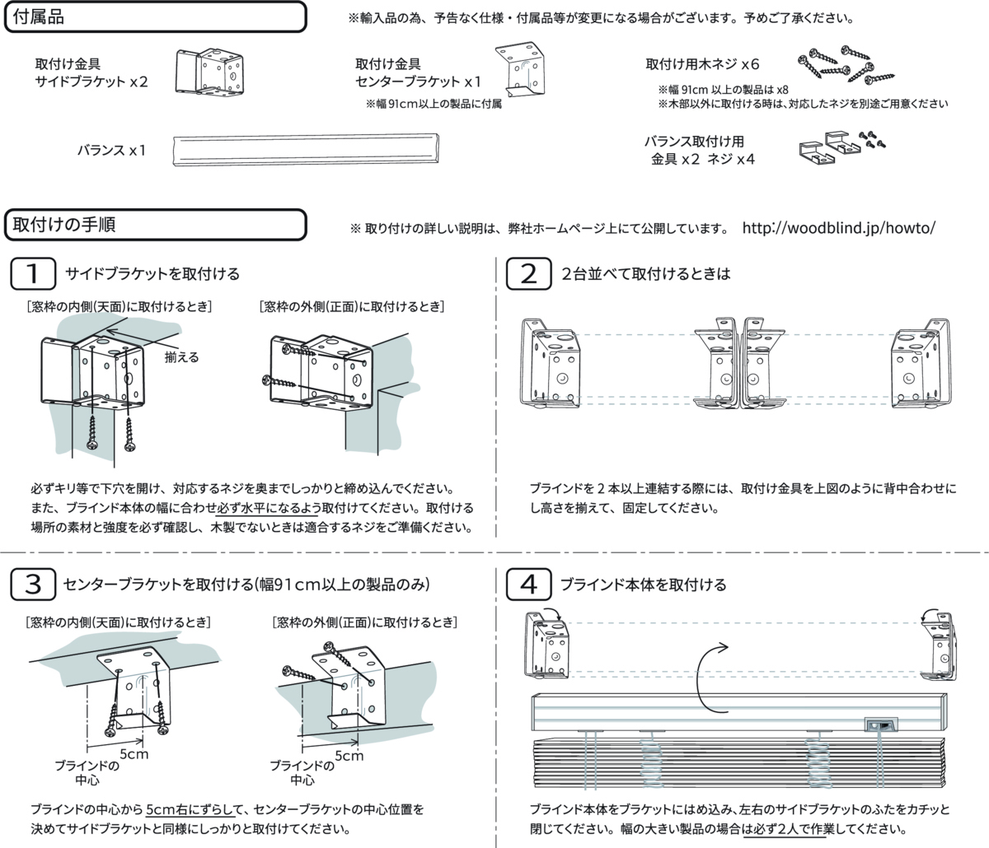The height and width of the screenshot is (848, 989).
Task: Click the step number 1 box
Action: click(33, 274)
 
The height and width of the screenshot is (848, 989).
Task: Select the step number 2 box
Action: click(527, 274)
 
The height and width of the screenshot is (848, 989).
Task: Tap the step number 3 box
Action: click(33, 585)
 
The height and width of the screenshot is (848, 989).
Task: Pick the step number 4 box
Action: click(527, 585)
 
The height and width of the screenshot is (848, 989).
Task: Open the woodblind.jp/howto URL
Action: click(839, 227)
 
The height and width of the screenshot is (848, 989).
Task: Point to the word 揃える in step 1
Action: click(181, 357)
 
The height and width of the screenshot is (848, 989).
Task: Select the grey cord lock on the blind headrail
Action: click(880, 725)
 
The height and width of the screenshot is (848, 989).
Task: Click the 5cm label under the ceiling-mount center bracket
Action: click(134, 753)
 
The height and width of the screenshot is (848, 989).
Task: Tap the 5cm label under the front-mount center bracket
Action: click(349, 755)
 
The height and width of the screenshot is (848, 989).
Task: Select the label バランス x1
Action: click(111, 151)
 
